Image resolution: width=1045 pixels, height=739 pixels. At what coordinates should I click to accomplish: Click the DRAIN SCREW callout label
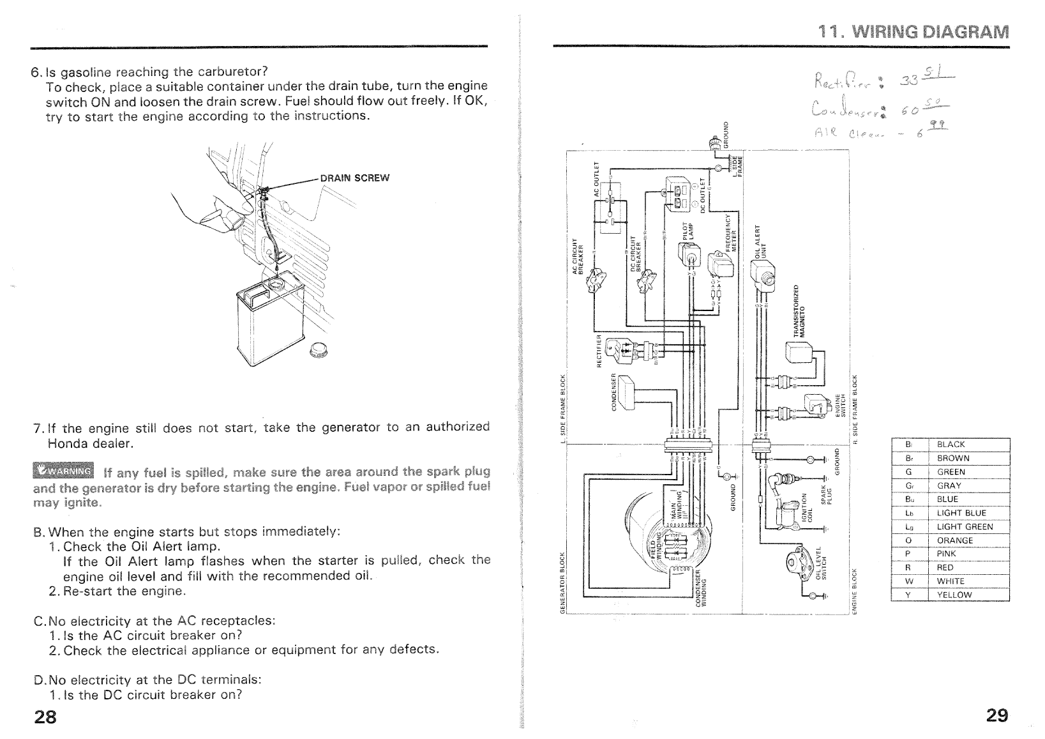[354, 178]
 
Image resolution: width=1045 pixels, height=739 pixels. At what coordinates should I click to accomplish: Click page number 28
[45, 716]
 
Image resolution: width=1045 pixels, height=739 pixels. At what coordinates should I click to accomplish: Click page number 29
[996, 715]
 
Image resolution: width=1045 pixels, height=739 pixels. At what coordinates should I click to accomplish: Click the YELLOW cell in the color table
[954, 595]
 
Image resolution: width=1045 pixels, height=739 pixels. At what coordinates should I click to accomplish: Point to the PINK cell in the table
[946, 554]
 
